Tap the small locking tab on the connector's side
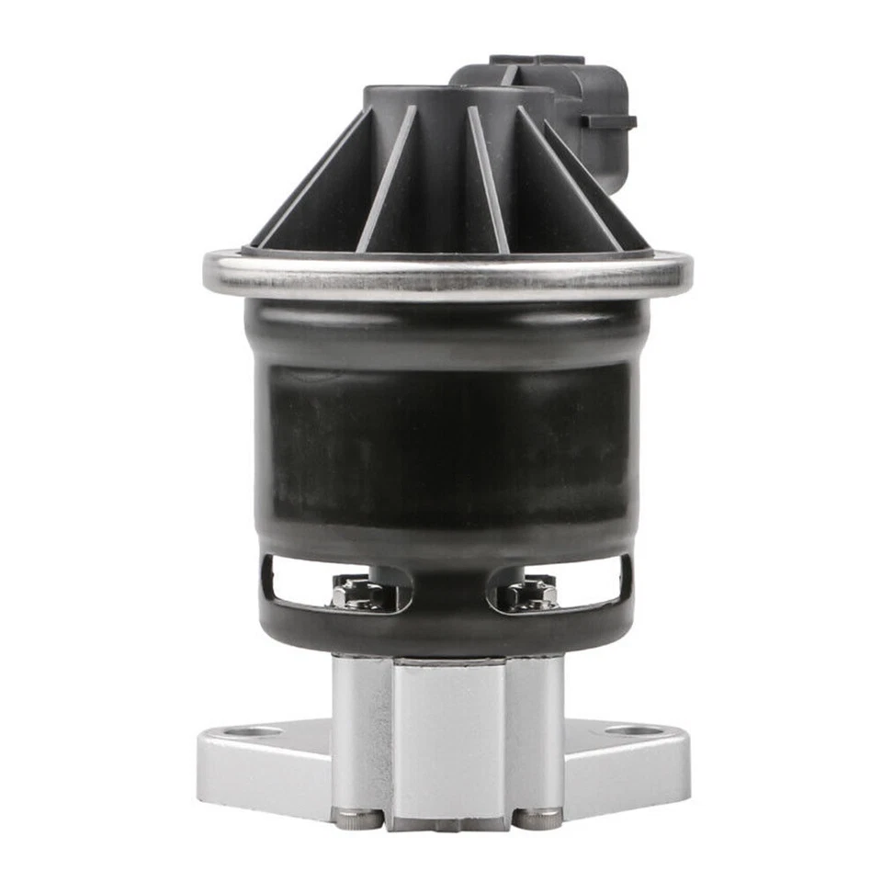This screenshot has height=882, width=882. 609,120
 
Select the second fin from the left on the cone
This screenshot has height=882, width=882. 386,179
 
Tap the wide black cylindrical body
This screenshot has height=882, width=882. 447,441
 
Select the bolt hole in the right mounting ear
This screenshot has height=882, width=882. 634,731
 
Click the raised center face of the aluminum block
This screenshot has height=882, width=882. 447,735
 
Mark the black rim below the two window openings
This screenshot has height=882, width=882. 447,634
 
